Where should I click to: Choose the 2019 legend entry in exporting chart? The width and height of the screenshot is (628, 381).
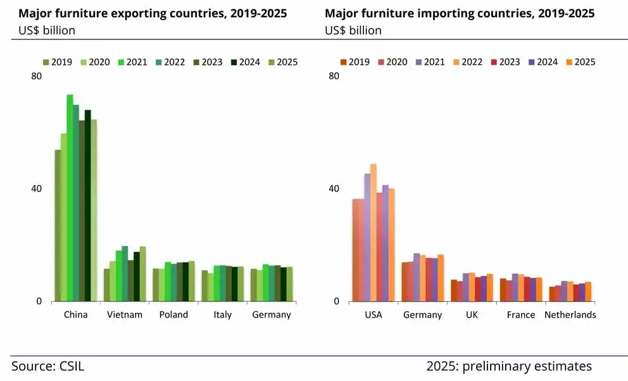point(57,62)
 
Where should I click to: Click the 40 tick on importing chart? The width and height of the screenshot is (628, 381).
point(334,189)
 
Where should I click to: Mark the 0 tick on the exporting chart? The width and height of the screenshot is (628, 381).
point(39,302)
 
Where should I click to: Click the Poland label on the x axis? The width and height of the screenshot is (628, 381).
point(173,315)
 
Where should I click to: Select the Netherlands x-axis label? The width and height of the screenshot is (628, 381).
point(570,315)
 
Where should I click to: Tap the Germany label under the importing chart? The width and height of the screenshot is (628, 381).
point(422,315)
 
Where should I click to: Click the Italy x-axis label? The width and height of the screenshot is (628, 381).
point(222,315)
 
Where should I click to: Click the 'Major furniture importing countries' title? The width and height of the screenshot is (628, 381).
point(460,13)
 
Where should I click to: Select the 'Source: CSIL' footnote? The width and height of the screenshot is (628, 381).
point(47,366)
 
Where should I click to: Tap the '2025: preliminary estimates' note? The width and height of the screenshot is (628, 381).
point(509,366)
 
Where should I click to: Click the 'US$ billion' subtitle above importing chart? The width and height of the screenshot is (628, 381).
point(353,30)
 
